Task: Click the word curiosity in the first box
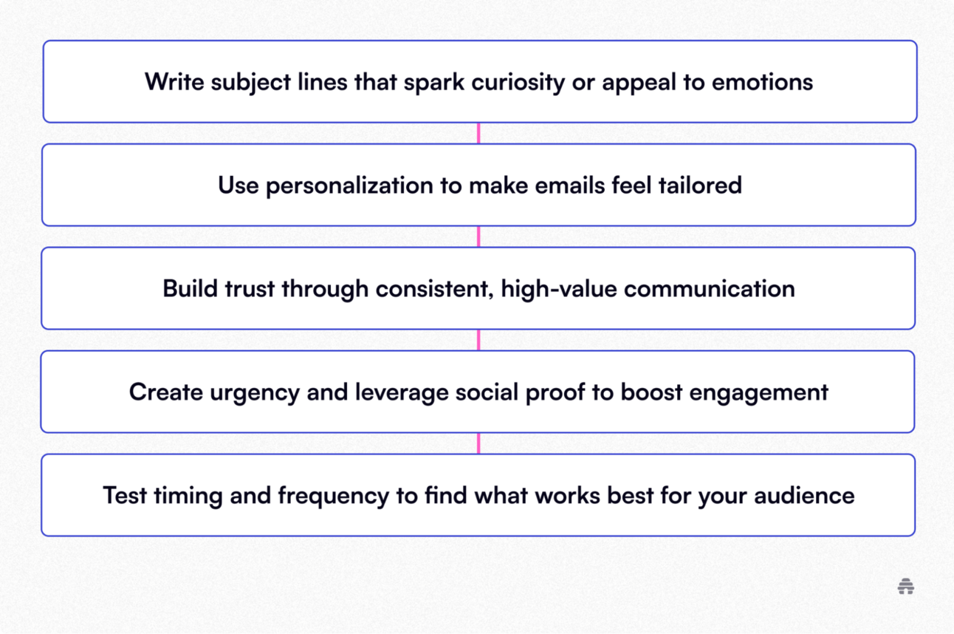(x=518, y=83)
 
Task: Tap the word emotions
(x=762, y=82)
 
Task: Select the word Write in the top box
(x=174, y=81)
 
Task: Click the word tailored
(x=700, y=185)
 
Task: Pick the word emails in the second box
(x=570, y=185)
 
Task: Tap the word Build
(x=191, y=288)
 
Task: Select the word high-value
(x=559, y=290)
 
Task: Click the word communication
(x=710, y=289)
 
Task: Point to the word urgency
(x=255, y=393)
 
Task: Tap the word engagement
(x=759, y=393)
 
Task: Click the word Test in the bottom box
(x=125, y=496)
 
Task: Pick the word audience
(x=804, y=496)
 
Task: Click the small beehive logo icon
(x=906, y=586)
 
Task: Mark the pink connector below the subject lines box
(x=478, y=133)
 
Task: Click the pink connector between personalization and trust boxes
(x=478, y=236)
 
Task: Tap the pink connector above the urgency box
(x=478, y=340)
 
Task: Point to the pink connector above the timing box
(x=478, y=443)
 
